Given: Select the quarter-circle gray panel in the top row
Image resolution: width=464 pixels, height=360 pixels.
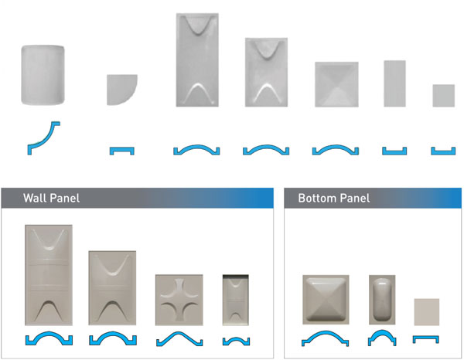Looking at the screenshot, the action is pyautogui.click(x=122, y=90).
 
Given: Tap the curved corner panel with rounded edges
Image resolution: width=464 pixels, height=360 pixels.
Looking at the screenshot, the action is pyautogui.click(x=43, y=75).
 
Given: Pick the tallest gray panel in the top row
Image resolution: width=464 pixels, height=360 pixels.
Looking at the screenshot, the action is pyautogui.click(x=197, y=59).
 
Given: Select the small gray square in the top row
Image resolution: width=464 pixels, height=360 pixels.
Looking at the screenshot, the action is pyautogui.click(x=444, y=96).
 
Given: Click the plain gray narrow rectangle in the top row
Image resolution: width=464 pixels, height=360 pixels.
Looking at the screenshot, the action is pyautogui.click(x=394, y=83).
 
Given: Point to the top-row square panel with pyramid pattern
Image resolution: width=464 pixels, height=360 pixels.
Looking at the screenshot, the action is pyautogui.click(x=336, y=84).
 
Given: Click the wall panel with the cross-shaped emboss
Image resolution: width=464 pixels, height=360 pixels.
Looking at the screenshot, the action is pyautogui.click(x=179, y=300).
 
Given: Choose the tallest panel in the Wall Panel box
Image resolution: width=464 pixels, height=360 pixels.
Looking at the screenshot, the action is pyautogui.click(x=49, y=275).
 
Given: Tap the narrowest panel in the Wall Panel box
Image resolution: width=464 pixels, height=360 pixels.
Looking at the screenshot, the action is pyautogui.click(x=236, y=300).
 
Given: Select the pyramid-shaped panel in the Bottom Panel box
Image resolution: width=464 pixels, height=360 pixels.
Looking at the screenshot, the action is pyautogui.click(x=326, y=300).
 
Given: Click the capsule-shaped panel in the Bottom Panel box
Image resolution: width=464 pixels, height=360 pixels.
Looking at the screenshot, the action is pyautogui.click(x=382, y=300).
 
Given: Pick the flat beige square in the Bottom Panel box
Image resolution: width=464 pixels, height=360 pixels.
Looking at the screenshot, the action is pyautogui.click(x=426, y=312).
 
